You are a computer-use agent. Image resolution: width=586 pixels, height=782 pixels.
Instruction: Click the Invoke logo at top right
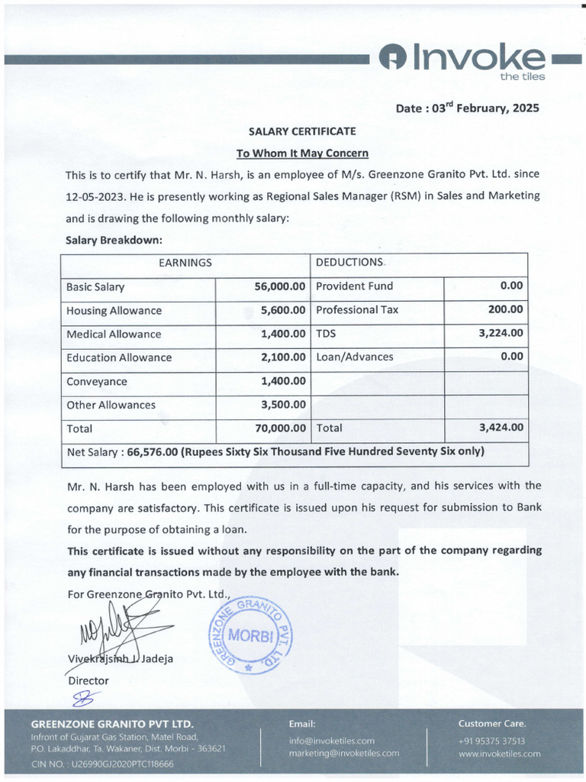(465, 60)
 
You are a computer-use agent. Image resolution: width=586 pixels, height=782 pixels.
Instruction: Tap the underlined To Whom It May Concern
(302, 153)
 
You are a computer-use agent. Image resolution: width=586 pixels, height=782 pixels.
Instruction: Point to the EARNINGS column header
(185, 263)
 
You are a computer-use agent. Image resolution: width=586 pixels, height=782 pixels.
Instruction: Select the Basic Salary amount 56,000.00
(280, 286)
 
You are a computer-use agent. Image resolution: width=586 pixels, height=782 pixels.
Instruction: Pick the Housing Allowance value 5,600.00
(283, 310)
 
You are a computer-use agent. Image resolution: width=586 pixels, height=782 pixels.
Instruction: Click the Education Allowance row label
(119, 357)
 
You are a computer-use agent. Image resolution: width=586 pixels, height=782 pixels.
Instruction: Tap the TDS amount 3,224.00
(501, 333)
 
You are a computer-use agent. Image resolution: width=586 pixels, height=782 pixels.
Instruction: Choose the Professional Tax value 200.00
(506, 309)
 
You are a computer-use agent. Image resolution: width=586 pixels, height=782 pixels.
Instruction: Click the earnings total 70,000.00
(280, 428)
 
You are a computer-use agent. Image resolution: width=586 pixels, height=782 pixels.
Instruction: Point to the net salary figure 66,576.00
(153, 451)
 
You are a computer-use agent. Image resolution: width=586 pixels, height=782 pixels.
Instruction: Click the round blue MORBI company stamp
(250, 634)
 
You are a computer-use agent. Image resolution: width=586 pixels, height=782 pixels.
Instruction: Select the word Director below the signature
(89, 680)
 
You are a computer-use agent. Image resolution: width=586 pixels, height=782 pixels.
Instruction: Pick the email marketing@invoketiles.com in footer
(343, 753)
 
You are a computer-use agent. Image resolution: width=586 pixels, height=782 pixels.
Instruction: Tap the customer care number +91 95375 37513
(491, 741)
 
